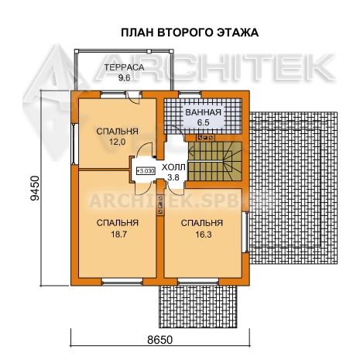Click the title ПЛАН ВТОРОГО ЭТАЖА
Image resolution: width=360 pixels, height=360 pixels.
tap(190, 33)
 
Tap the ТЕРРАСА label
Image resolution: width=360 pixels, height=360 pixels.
tap(124, 67)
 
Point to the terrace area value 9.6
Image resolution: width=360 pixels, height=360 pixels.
tap(124, 77)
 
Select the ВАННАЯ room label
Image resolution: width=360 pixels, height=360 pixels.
tap(204, 112)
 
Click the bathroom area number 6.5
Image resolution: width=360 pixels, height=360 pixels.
tap(204, 122)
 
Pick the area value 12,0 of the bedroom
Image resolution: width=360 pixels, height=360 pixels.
tap(117, 142)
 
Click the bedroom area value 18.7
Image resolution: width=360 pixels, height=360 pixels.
tap(118, 235)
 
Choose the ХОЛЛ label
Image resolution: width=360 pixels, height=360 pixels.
tap(173, 167)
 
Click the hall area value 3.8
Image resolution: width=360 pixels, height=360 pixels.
tap(173, 177)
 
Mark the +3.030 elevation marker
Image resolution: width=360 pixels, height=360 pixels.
tap(146, 170)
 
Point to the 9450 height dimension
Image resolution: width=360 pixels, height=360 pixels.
tap(35, 188)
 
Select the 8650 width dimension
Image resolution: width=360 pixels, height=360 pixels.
tap(160, 340)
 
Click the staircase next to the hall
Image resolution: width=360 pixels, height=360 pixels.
tap(214, 161)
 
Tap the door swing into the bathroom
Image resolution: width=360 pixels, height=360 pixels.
tap(176, 130)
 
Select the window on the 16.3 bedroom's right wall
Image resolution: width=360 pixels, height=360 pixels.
tap(246, 232)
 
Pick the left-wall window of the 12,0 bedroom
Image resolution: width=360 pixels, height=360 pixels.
tap(74, 144)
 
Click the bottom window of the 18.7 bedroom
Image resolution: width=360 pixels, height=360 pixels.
tap(122, 282)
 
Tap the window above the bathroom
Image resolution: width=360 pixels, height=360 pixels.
tap(190, 94)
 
